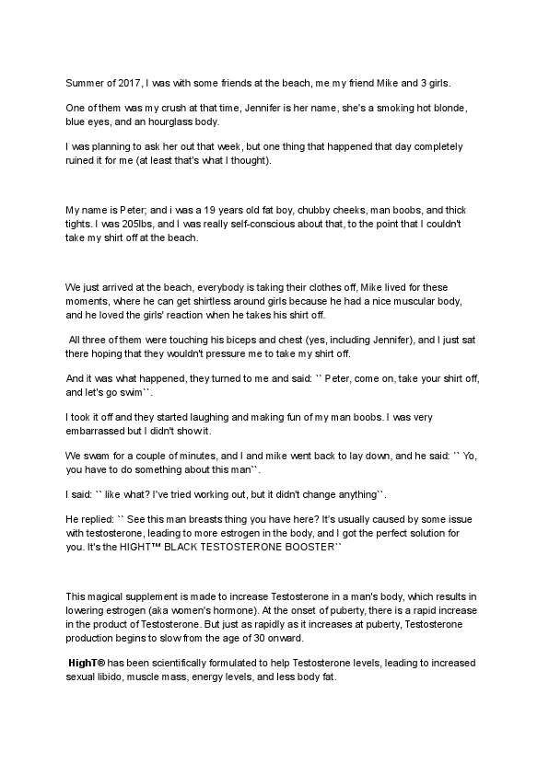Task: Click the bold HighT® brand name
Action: click(90, 663)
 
